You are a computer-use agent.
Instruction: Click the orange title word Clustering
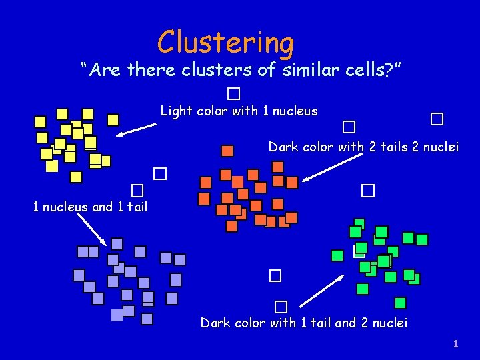[x=225, y=42]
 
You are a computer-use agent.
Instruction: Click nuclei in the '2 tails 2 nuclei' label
[x=440, y=147]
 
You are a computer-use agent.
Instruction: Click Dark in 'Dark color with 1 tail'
[x=215, y=323]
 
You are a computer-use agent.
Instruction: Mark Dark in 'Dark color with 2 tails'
[x=283, y=147]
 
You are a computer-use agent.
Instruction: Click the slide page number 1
[x=456, y=344]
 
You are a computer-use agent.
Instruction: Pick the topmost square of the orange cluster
[x=227, y=151]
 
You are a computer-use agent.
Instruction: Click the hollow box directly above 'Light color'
[x=233, y=93]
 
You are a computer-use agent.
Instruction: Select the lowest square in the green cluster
[x=400, y=303]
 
